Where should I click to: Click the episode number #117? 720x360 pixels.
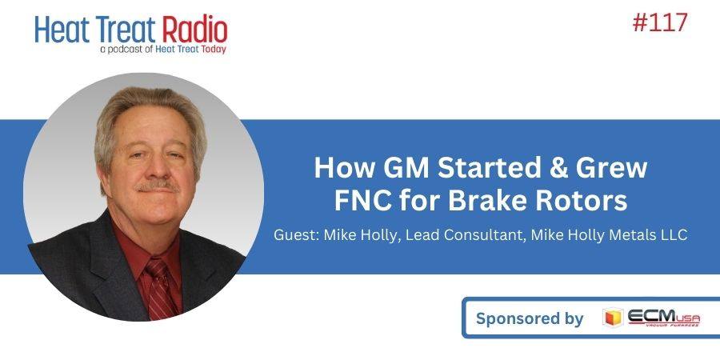point(660,22)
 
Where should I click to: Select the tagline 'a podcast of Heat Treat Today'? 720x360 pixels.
point(162,49)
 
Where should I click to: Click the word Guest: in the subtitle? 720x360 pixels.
point(296,234)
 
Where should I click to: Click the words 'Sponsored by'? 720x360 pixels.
point(530,318)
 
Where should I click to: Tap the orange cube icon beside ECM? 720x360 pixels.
point(613,318)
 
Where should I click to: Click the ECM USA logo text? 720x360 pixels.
point(663,318)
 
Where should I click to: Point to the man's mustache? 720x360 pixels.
point(157,186)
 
